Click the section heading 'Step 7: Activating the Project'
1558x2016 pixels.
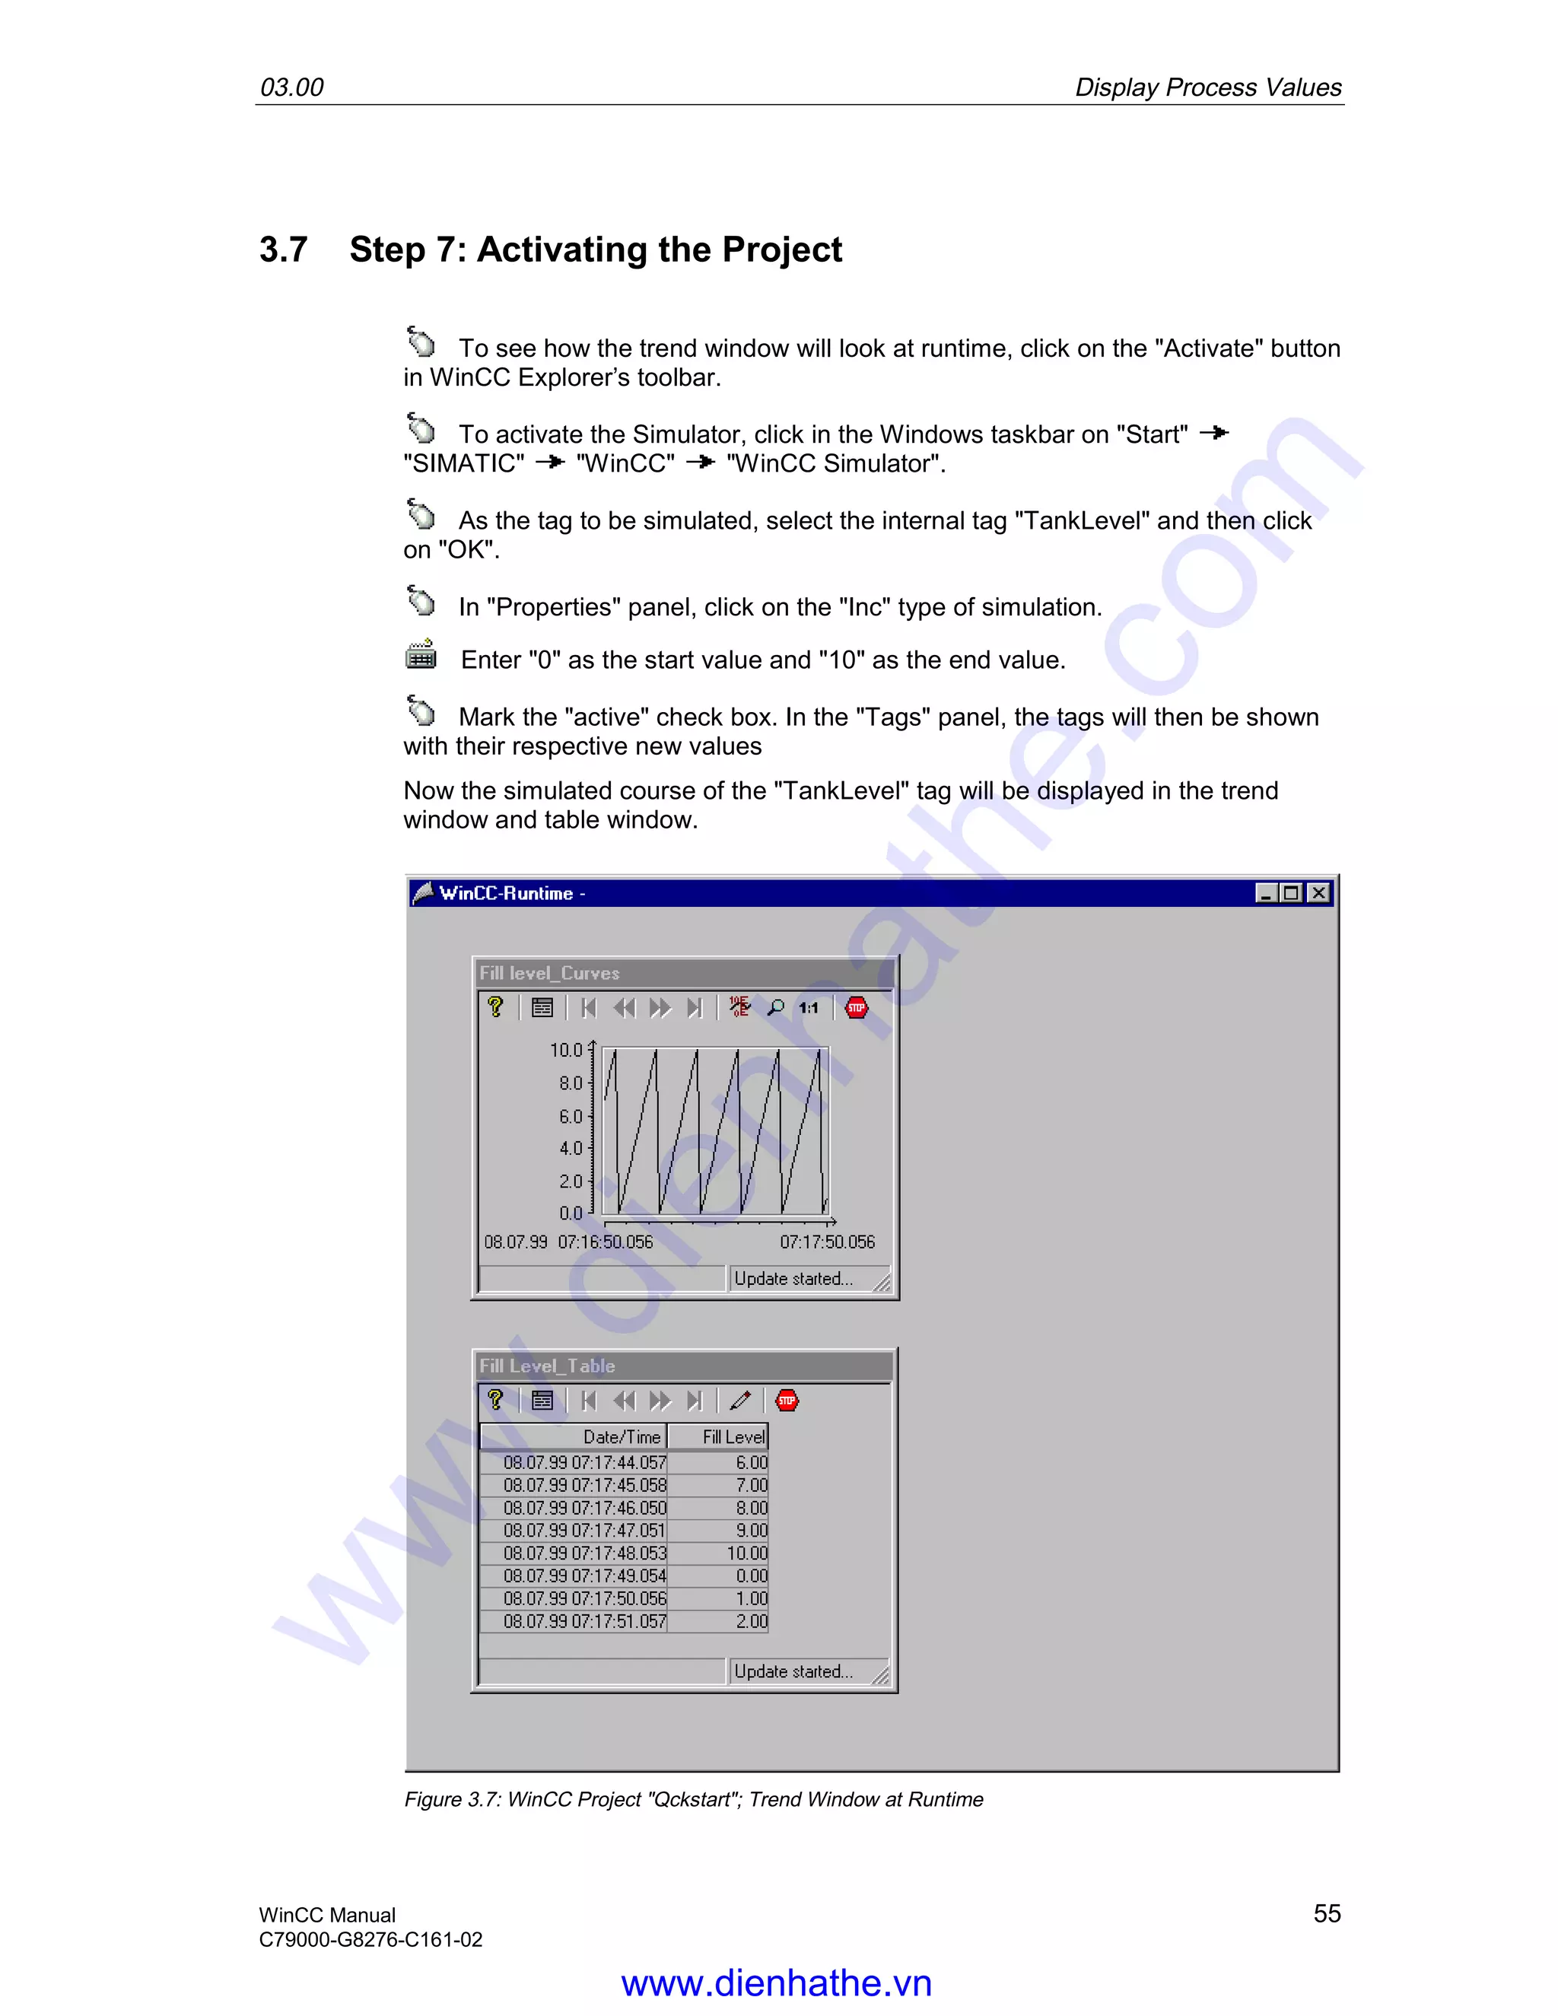(x=596, y=250)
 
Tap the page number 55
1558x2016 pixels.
(x=1326, y=1913)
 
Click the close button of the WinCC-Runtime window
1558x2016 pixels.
(x=1319, y=892)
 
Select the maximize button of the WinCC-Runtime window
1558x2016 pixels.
(x=1291, y=892)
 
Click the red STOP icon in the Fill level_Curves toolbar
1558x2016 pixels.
(x=857, y=1007)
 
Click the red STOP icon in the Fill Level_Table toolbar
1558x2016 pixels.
(x=787, y=1401)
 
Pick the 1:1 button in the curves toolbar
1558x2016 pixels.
(x=809, y=1008)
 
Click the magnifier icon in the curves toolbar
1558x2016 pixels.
(x=775, y=1007)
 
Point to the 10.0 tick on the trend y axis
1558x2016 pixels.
(x=567, y=1050)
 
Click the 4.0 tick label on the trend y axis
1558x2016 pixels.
(x=571, y=1148)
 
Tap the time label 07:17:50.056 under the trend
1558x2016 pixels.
(x=827, y=1242)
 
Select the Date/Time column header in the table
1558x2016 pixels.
(x=622, y=1437)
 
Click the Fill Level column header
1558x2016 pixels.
(x=733, y=1437)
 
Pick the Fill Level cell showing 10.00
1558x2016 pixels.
(x=746, y=1553)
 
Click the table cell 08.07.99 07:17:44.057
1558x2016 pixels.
(x=584, y=1463)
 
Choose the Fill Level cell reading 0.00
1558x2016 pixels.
(x=750, y=1576)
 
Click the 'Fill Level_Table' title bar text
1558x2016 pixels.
(x=546, y=1366)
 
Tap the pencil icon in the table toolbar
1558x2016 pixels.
(x=740, y=1401)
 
